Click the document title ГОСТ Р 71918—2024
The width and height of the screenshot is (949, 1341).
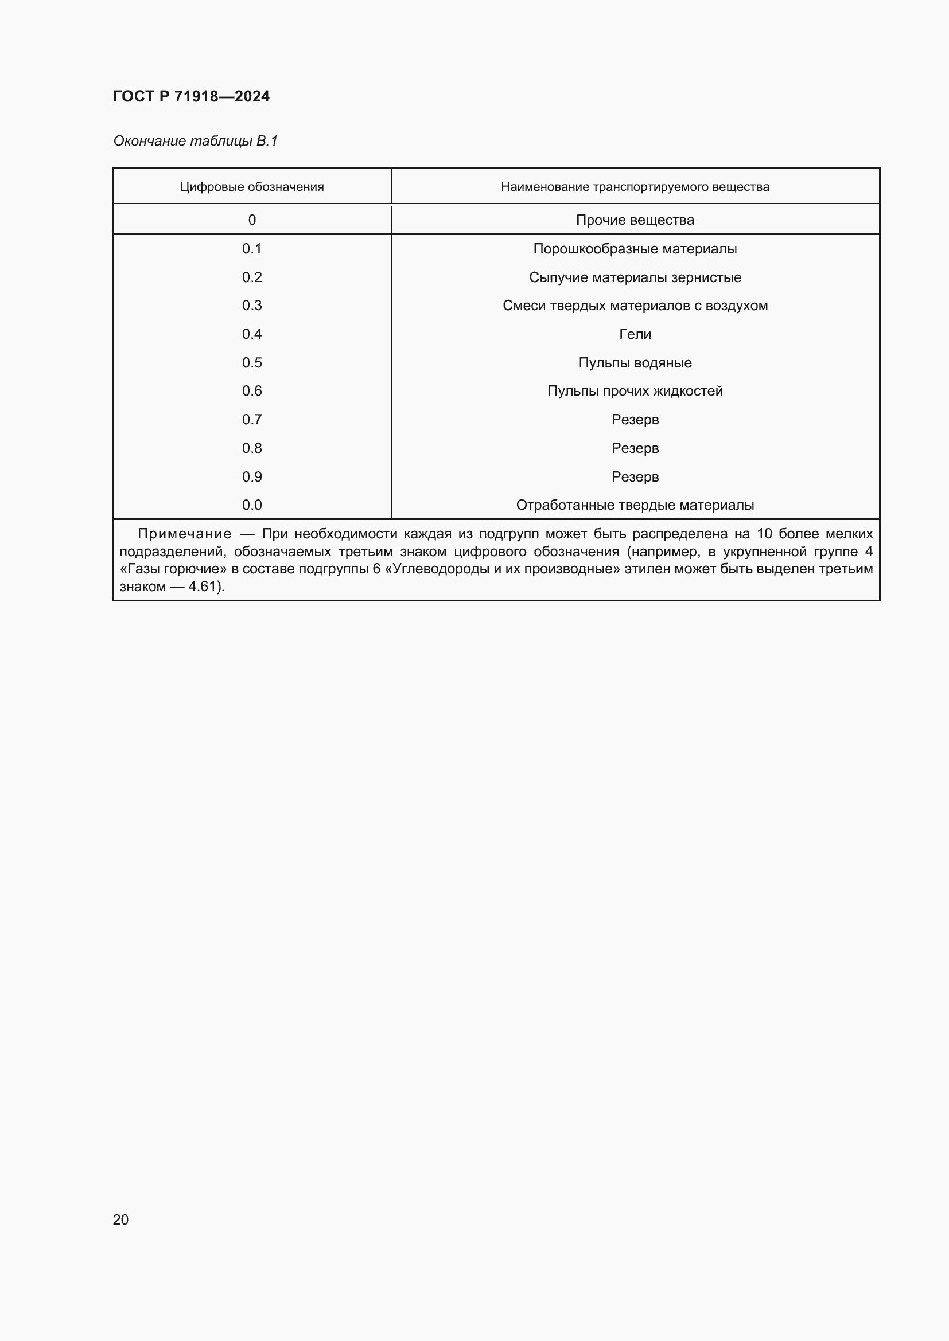191,96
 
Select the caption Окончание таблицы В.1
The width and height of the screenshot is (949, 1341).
195,141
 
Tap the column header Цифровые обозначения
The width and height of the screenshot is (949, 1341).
252,187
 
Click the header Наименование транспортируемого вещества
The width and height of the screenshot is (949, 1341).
635,187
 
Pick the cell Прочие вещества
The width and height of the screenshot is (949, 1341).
635,220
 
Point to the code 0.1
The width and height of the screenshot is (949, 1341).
252,249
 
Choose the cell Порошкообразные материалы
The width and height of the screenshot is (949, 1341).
635,249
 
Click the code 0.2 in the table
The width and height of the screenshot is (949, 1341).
252,277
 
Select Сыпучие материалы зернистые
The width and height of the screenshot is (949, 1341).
635,277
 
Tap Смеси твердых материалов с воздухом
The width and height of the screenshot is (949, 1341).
635,306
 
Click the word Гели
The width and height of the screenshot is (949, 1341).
635,334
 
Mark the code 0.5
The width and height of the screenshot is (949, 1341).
252,363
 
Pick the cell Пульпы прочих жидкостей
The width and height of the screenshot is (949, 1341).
635,391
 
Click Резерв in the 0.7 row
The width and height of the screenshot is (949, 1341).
635,419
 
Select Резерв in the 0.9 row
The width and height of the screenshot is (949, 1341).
635,476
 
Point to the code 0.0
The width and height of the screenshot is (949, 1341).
252,505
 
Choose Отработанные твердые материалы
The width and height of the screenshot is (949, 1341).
635,505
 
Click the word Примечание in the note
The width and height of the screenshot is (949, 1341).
184,534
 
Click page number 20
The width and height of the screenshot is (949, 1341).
120,1219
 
